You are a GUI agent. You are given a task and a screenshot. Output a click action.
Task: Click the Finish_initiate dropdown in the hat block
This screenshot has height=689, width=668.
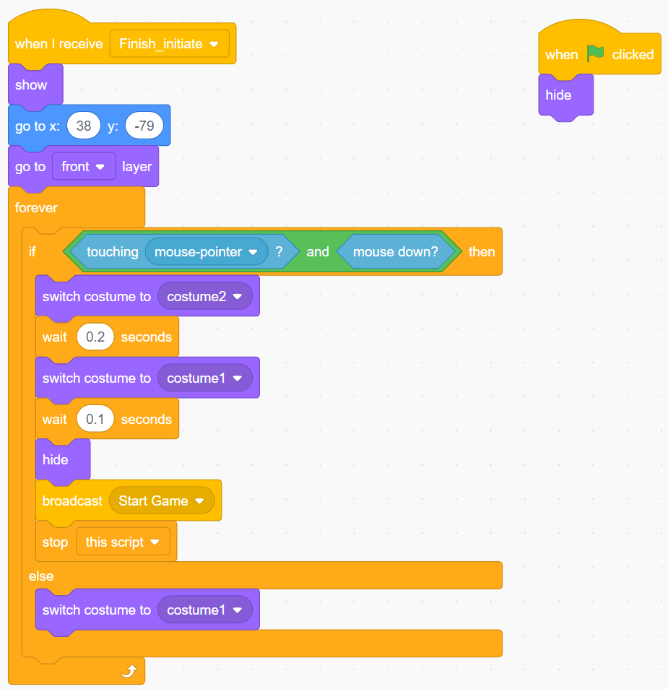pos(170,44)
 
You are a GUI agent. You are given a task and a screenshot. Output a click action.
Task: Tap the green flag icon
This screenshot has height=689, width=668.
pos(595,54)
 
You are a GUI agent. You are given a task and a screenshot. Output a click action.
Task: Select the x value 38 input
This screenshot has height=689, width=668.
pos(84,126)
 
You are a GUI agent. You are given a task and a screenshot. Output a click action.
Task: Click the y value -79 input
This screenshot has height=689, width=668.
pos(144,126)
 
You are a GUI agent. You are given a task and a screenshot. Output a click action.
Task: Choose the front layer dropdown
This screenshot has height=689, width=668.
pos(83,167)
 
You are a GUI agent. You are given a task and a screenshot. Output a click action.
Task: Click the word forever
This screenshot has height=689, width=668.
pos(36,208)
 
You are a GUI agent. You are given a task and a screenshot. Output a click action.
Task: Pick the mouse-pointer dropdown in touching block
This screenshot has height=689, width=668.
pos(206,252)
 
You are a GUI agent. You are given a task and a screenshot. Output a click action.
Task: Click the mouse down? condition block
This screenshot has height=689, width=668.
pos(396,252)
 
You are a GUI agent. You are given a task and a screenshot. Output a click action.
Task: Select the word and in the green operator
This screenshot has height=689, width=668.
pos(318,252)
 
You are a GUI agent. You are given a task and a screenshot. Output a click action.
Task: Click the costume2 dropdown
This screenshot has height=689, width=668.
pos(205,297)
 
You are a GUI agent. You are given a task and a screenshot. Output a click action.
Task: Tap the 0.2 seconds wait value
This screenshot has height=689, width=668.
pos(95,337)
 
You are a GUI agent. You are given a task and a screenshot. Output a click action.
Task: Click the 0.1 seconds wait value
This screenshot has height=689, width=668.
pos(95,420)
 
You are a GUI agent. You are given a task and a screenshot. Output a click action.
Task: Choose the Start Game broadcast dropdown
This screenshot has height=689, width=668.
pos(162,501)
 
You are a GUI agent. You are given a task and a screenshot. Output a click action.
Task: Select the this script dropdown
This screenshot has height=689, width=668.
pos(123,542)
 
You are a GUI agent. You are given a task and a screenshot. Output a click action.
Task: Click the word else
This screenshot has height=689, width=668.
pos(41,576)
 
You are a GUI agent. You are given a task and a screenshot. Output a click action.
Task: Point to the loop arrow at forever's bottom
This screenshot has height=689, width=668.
pos(129,672)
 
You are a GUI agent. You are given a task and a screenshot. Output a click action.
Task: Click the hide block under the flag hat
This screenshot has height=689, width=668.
pos(559,95)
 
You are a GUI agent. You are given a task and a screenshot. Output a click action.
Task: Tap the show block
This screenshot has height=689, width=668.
pos(32,85)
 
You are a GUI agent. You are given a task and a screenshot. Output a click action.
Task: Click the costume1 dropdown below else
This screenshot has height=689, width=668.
pos(205,610)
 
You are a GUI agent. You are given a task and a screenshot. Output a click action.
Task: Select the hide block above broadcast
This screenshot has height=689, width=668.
pos(56,460)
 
